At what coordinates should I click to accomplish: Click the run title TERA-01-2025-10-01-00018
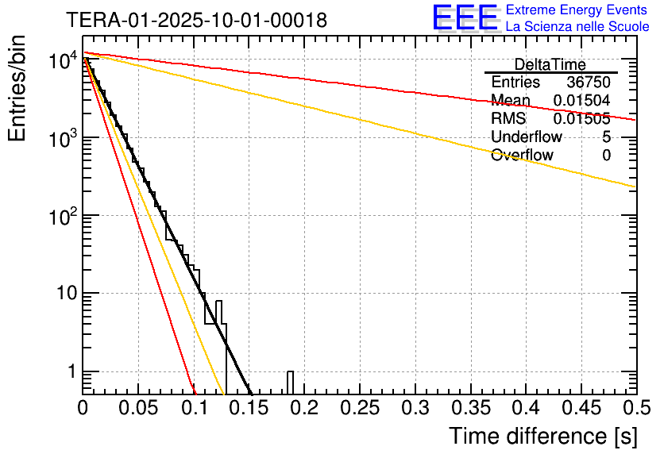point(196,20)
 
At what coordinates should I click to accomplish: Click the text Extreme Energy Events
point(577,10)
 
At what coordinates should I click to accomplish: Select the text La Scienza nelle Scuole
point(577,26)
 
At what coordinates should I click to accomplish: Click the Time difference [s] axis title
point(542,436)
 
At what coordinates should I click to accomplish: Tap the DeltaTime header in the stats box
point(550,64)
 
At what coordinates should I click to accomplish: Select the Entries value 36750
point(589,83)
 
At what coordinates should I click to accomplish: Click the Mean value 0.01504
point(581,100)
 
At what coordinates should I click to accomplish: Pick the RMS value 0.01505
point(581,119)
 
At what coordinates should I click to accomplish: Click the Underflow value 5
point(606,137)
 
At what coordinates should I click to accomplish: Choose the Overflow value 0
point(606,156)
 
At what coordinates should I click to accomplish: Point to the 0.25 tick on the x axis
point(359,409)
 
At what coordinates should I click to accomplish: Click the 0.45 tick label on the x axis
point(580,409)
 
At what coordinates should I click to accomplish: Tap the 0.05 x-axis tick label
point(138,409)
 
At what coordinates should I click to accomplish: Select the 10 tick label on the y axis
point(61,294)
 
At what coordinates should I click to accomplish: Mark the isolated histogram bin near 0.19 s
point(291,382)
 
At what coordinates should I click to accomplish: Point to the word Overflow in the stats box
point(522,156)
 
